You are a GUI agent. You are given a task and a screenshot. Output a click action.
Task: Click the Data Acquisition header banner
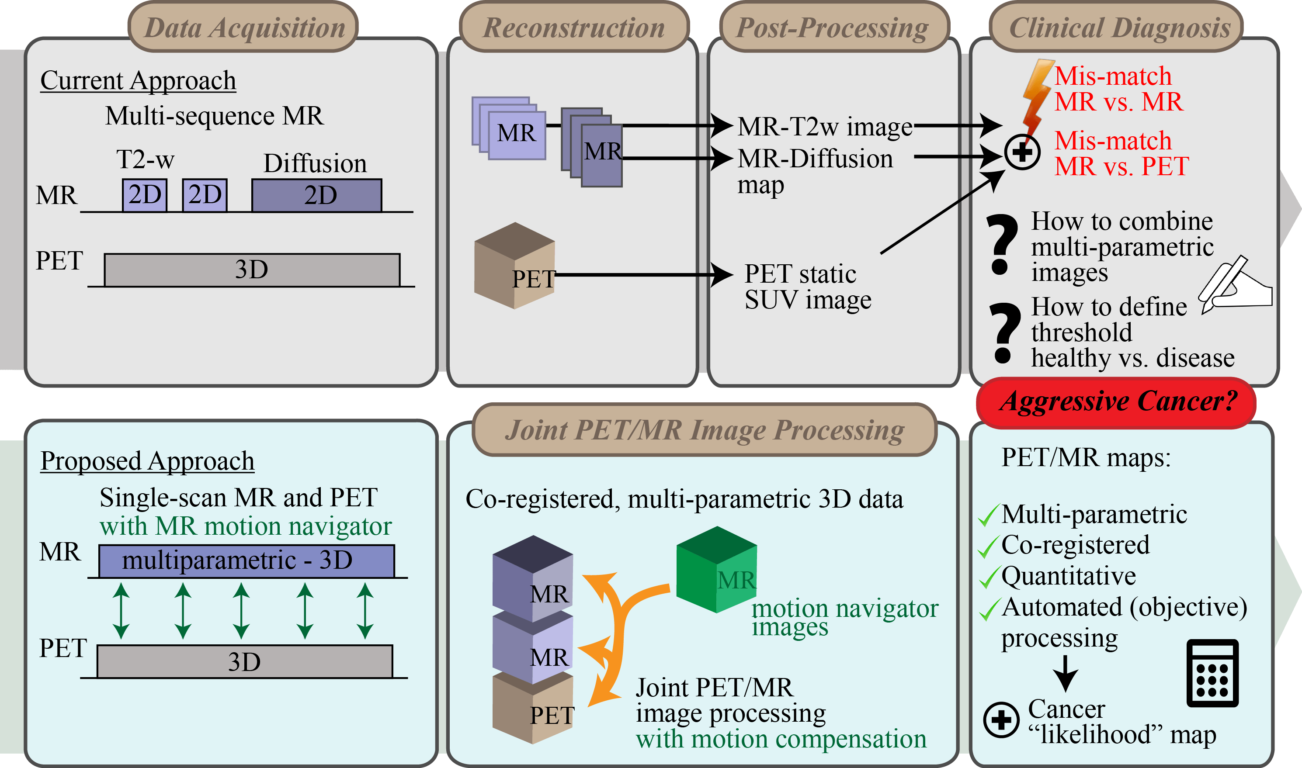(x=243, y=27)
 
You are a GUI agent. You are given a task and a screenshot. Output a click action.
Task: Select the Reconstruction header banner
(x=573, y=27)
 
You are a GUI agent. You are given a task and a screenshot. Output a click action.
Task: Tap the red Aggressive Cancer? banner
(x=1116, y=402)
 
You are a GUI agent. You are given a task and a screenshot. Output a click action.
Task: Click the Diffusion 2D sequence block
(x=317, y=196)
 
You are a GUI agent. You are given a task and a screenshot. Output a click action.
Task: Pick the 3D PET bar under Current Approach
(x=252, y=270)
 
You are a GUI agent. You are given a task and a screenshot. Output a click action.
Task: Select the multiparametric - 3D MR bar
(x=247, y=561)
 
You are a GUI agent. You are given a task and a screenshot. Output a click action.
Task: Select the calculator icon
(x=1212, y=673)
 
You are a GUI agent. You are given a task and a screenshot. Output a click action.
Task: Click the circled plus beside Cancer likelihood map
(x=1001, y=720)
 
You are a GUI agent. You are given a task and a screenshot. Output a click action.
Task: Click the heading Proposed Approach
(x=148, y=460)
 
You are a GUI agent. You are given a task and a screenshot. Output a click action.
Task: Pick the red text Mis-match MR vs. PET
(x=1121, y=154)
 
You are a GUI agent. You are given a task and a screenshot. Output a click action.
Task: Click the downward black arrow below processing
(x=1066, y=673)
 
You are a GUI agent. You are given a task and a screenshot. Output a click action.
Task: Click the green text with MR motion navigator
(x=245, y=527)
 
